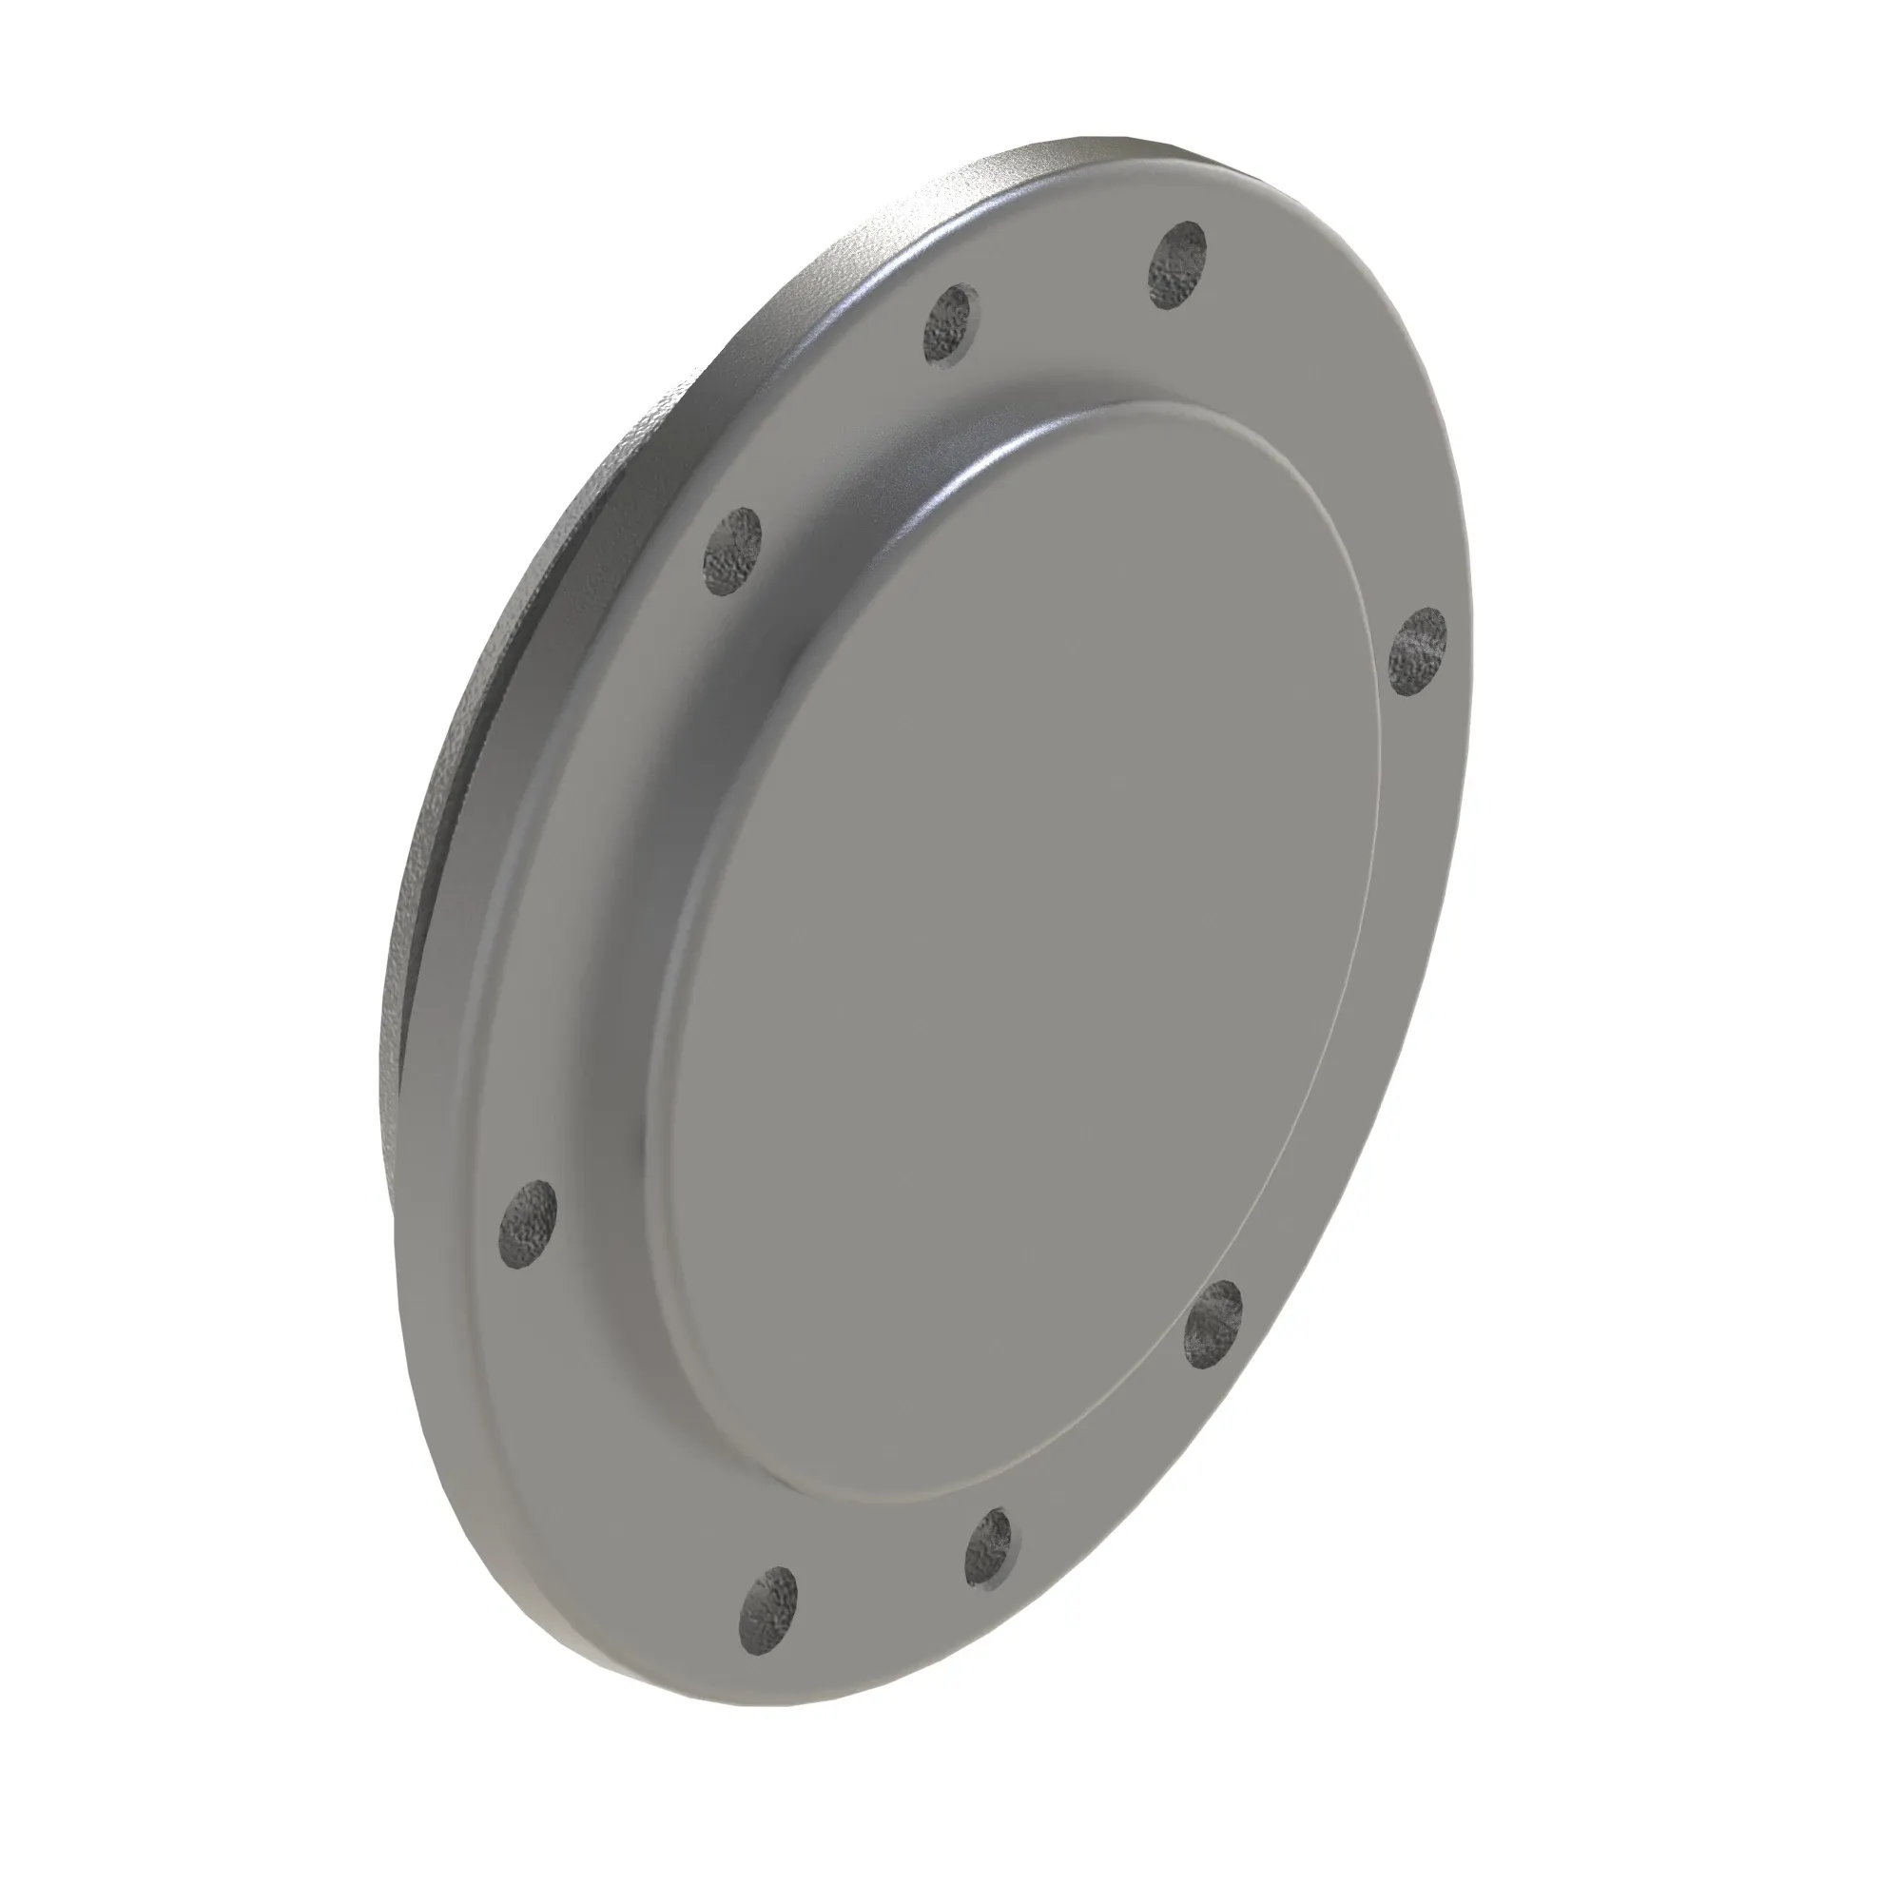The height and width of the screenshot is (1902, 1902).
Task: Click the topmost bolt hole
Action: [1177, 266]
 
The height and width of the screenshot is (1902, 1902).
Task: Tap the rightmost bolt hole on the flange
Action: [1418, 650]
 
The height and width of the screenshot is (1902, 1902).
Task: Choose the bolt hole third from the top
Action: [732, 552]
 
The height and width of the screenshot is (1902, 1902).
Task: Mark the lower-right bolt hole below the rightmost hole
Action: [1213, 1324]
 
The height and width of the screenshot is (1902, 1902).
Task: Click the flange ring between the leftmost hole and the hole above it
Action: [611, 886]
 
